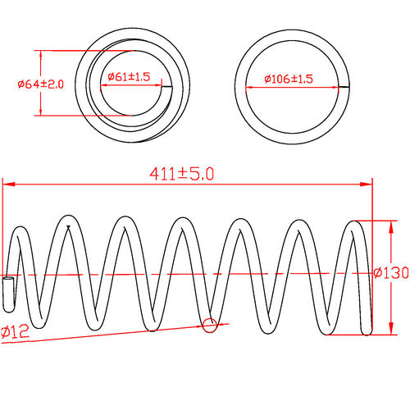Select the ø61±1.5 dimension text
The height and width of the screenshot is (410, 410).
tap(129, 76)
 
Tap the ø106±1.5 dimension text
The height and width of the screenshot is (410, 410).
tap(289, 79)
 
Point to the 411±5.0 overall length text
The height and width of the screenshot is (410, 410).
tap(180, 174)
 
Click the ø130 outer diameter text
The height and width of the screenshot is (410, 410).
tap(391, 273)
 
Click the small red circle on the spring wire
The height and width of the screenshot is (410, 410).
tap(209, 326)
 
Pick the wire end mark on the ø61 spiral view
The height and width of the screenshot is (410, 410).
tap(168, 85)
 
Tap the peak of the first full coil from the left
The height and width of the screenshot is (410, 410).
tap(67, 220)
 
